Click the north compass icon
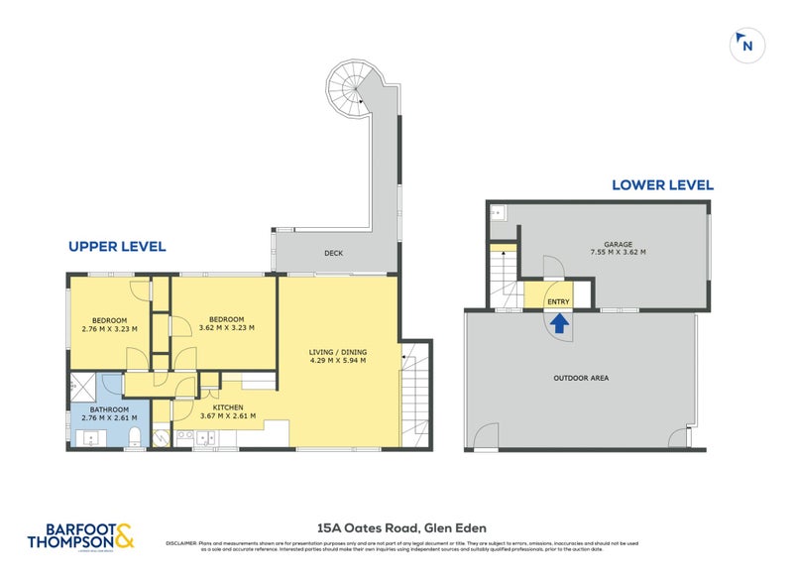click(x=746, y=44)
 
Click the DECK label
click(x=333, y=253)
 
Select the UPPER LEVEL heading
click(x=116, y=246)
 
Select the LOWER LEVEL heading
click(x=662, y=184)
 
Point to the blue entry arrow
click(x=559, y=323)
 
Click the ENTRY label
click(x=559, y=301)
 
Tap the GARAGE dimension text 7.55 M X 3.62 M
click(x=619, y=252)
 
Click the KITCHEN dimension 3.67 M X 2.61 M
click(x=227, y=415)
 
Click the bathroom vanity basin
click(x=91, y=436)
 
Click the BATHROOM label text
click(x=109, y=407)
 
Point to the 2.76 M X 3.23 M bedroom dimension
click(x=109, y=328)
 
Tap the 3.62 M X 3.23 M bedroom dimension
click(x=226, y=327)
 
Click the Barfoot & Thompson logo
click(x=79, y=534)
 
